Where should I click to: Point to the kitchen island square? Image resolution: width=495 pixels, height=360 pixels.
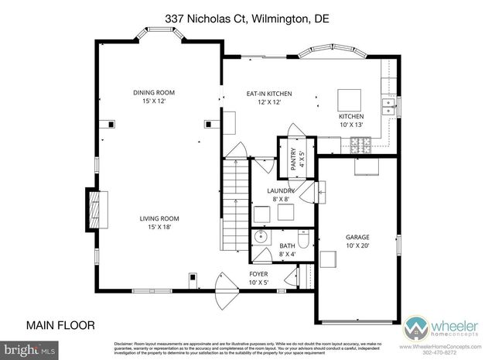(350, 99)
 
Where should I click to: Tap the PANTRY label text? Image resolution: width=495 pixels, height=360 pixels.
(294, 160)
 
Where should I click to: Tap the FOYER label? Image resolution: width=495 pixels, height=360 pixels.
(258, 278)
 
